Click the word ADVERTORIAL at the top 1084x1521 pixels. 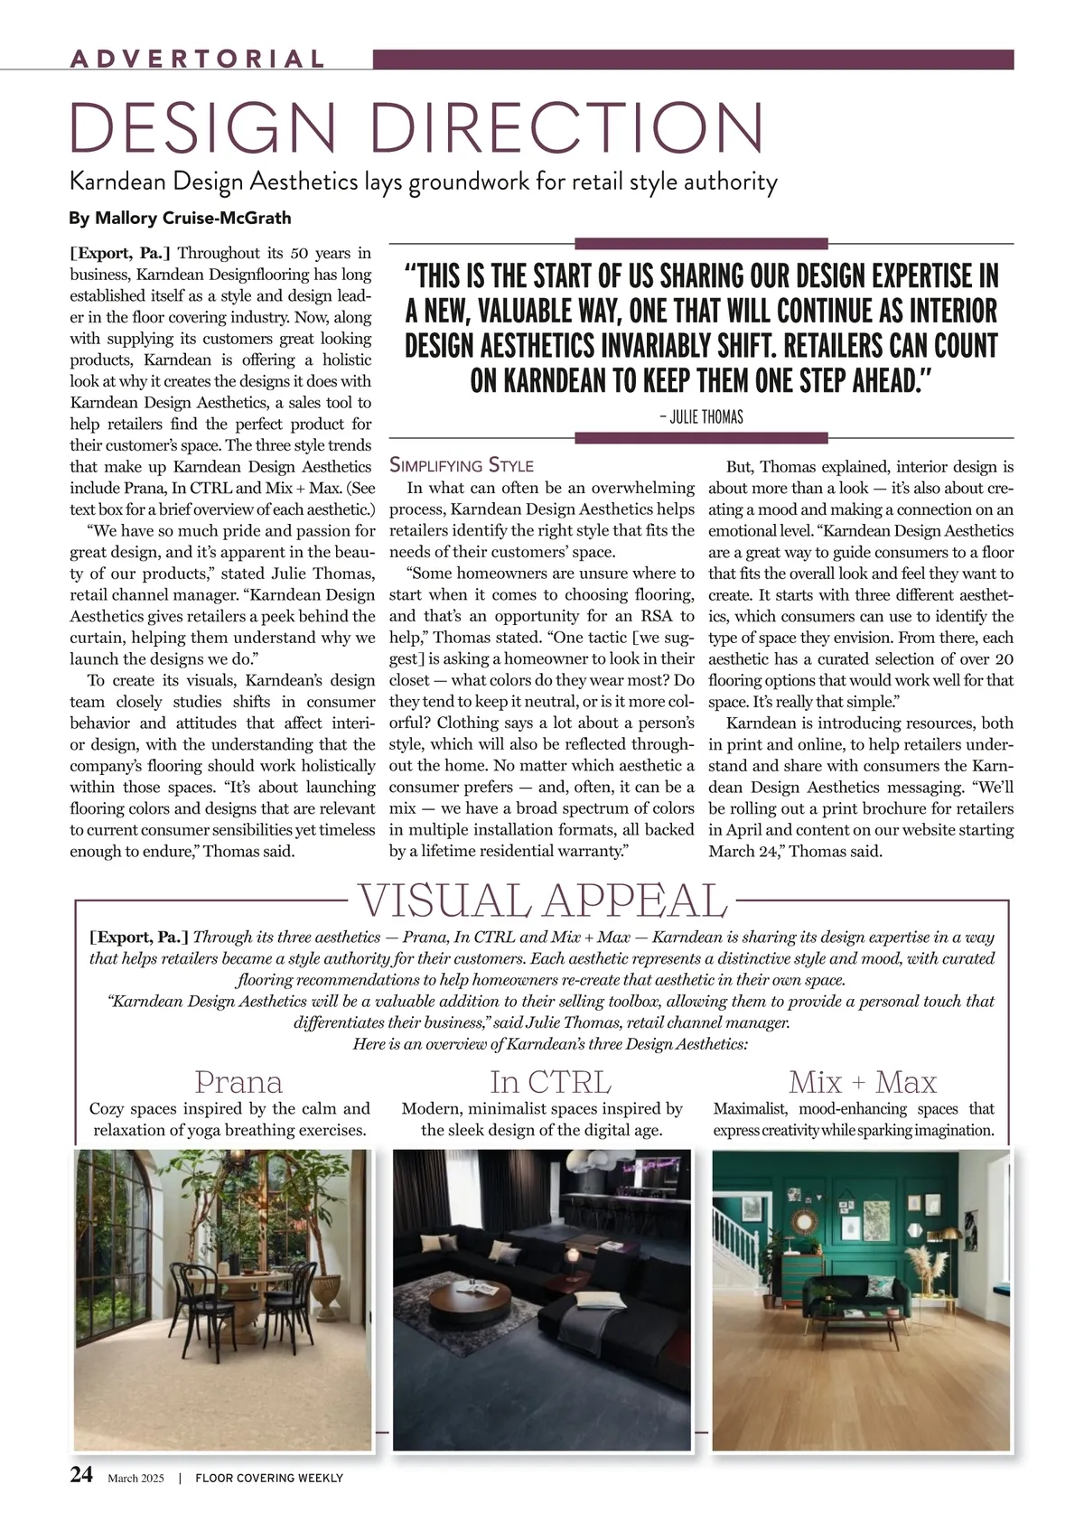[x=197, y=60]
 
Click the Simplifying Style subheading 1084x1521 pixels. [x=462, y=466]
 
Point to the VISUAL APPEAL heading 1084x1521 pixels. [x=542, y=900]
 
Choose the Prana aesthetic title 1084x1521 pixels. [x=238, y=1081]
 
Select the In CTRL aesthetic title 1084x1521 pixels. [x=550, y=1081]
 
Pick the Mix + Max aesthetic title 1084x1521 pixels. [x=862, y=1081]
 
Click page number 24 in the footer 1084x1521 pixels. [x=81, y=1475]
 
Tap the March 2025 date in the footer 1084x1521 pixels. [x=135, y=1479]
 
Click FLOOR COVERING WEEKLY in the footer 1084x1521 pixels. [x=269, y=1479]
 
